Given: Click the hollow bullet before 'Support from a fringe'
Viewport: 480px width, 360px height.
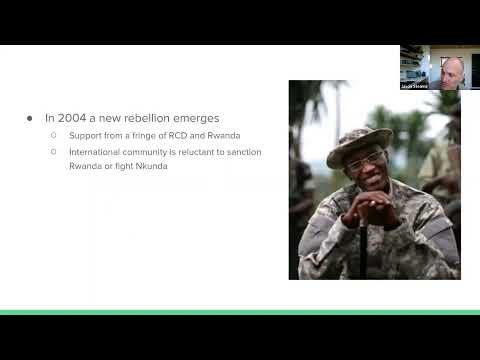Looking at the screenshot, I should point(54,134).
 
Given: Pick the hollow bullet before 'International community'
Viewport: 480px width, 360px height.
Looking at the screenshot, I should point(54,152).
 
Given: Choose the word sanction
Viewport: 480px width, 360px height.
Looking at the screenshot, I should point(243,152).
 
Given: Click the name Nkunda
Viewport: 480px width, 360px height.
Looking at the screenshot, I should point(153,165).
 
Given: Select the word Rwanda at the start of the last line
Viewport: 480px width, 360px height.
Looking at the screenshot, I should point(84,165).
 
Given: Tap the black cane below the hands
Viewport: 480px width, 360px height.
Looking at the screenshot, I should point(362,250).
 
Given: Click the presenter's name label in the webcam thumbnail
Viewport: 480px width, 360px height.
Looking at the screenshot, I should point(414,86).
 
